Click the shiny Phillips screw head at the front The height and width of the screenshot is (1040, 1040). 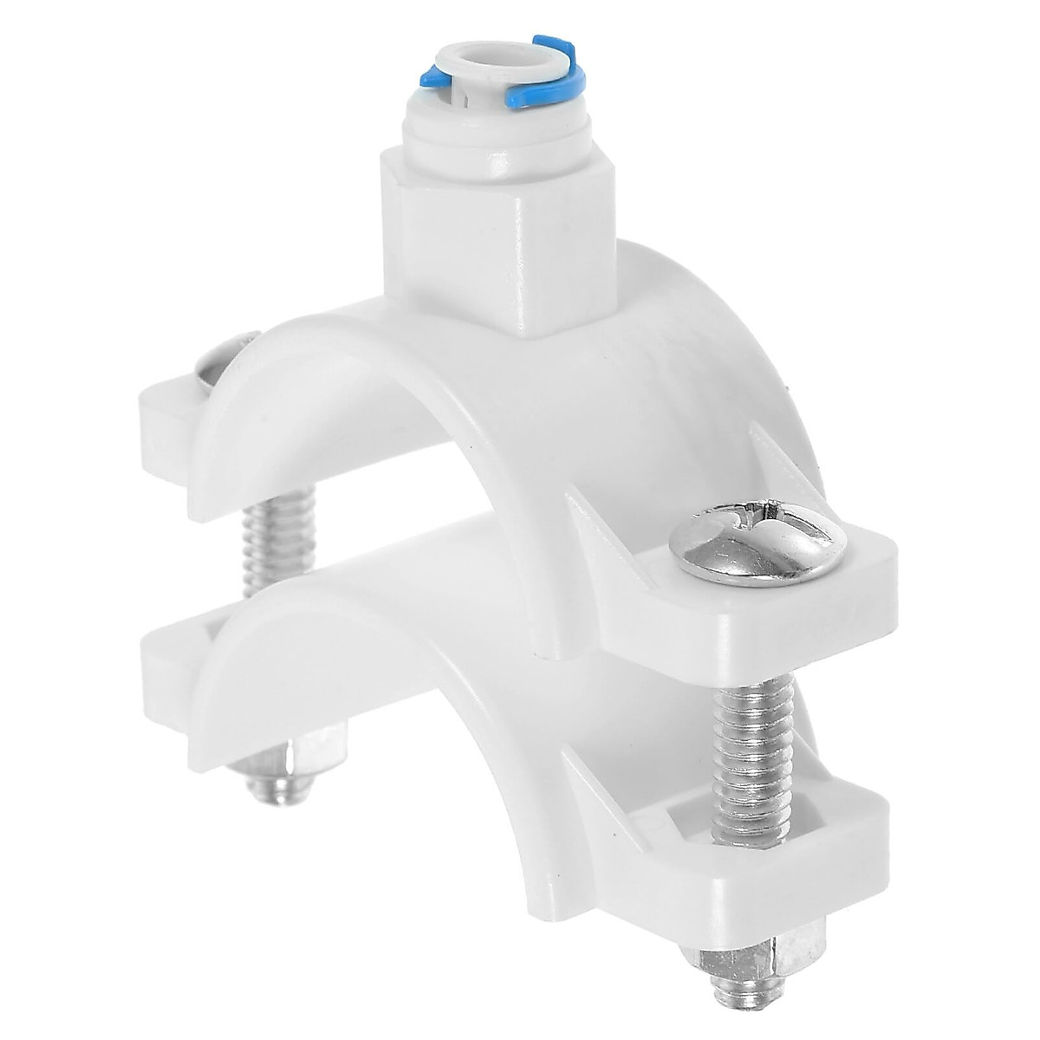point(757,542)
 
